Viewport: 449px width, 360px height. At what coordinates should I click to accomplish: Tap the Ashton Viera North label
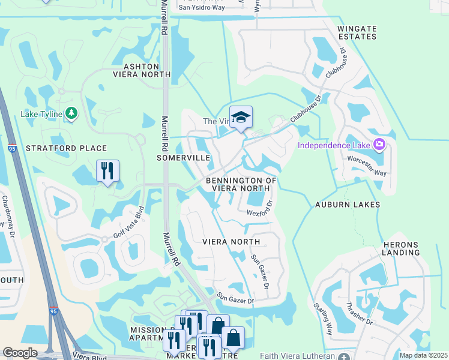point(142,70)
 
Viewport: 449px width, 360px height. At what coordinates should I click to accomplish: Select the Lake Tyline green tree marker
point(71,113)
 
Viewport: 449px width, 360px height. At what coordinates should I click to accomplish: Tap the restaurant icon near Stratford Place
point(108,170)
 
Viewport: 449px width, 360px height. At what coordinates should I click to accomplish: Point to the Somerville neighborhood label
point(183,157)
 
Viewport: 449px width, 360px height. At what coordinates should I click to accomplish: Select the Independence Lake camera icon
point(379,145)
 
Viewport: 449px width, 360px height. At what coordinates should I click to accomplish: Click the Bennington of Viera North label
point(241,184)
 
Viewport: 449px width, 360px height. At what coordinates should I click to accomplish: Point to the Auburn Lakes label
point(348,205)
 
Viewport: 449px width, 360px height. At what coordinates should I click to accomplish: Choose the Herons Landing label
point(400,248)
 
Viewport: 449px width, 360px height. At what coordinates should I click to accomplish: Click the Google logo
point(20,353)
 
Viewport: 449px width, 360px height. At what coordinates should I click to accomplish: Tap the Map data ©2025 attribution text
point(423,355)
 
